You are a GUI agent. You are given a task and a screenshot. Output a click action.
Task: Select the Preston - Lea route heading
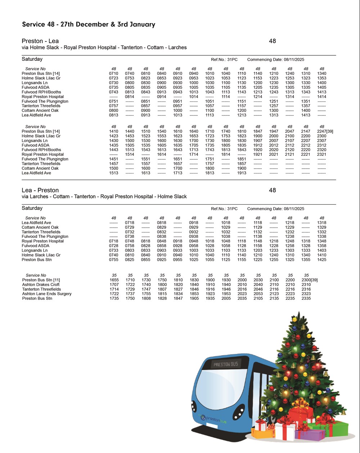(40, 41)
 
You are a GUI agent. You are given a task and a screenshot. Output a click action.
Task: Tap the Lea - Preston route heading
(40, 190)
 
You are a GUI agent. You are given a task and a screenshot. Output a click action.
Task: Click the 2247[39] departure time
(325, 132)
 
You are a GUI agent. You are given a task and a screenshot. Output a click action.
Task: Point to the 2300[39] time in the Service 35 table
(309, 280)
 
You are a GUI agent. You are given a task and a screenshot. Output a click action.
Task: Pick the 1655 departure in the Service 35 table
(114, 280)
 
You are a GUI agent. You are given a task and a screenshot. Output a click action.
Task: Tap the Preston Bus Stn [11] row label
(41, 280)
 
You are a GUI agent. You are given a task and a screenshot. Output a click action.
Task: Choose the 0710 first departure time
(113, 73)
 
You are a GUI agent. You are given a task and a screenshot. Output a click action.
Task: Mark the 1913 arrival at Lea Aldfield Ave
(242, 173)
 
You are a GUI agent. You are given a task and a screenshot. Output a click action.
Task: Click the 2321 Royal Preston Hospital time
(321, 154)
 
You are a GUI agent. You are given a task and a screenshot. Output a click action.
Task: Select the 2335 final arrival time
(306, 299)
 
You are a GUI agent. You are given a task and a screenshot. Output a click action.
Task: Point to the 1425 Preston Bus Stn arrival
(321, 260)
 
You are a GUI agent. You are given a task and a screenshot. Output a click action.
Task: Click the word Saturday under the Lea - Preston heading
(32, 208)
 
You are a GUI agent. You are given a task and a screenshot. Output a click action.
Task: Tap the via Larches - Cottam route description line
(104, 196)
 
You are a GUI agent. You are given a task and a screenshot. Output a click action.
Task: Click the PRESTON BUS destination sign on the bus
(226, 364)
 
